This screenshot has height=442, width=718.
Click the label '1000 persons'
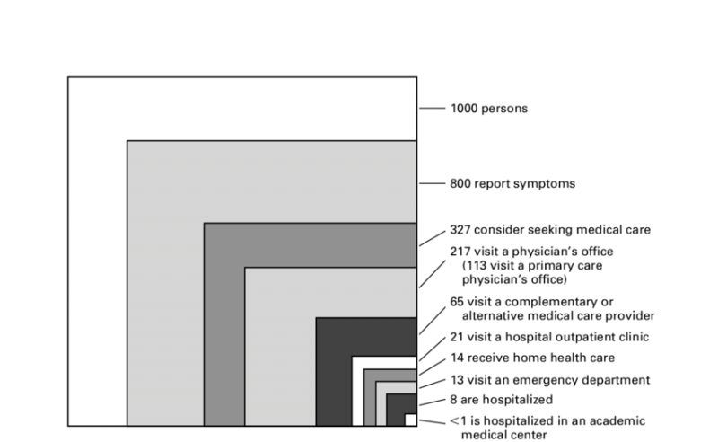tap(488, 109)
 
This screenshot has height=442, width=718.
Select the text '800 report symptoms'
tap(512, 184)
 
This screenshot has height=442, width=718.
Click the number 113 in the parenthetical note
tap(475, 266)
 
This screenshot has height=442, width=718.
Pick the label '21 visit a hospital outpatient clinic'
tap(548, 337)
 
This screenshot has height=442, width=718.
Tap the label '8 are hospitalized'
tap(500, 399)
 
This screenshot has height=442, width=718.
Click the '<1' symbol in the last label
tap(455, 420)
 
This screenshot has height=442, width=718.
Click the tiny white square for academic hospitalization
tap(410, 420)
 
